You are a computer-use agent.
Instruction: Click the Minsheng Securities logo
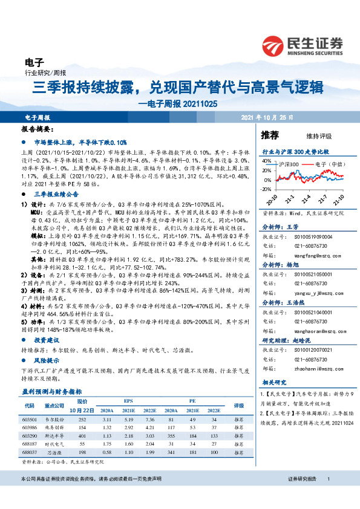302,45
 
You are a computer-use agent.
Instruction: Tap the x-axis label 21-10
341,198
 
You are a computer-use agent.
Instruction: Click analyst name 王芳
292,226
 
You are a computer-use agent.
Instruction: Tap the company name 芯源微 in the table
55,452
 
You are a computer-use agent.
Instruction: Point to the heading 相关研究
273,382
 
